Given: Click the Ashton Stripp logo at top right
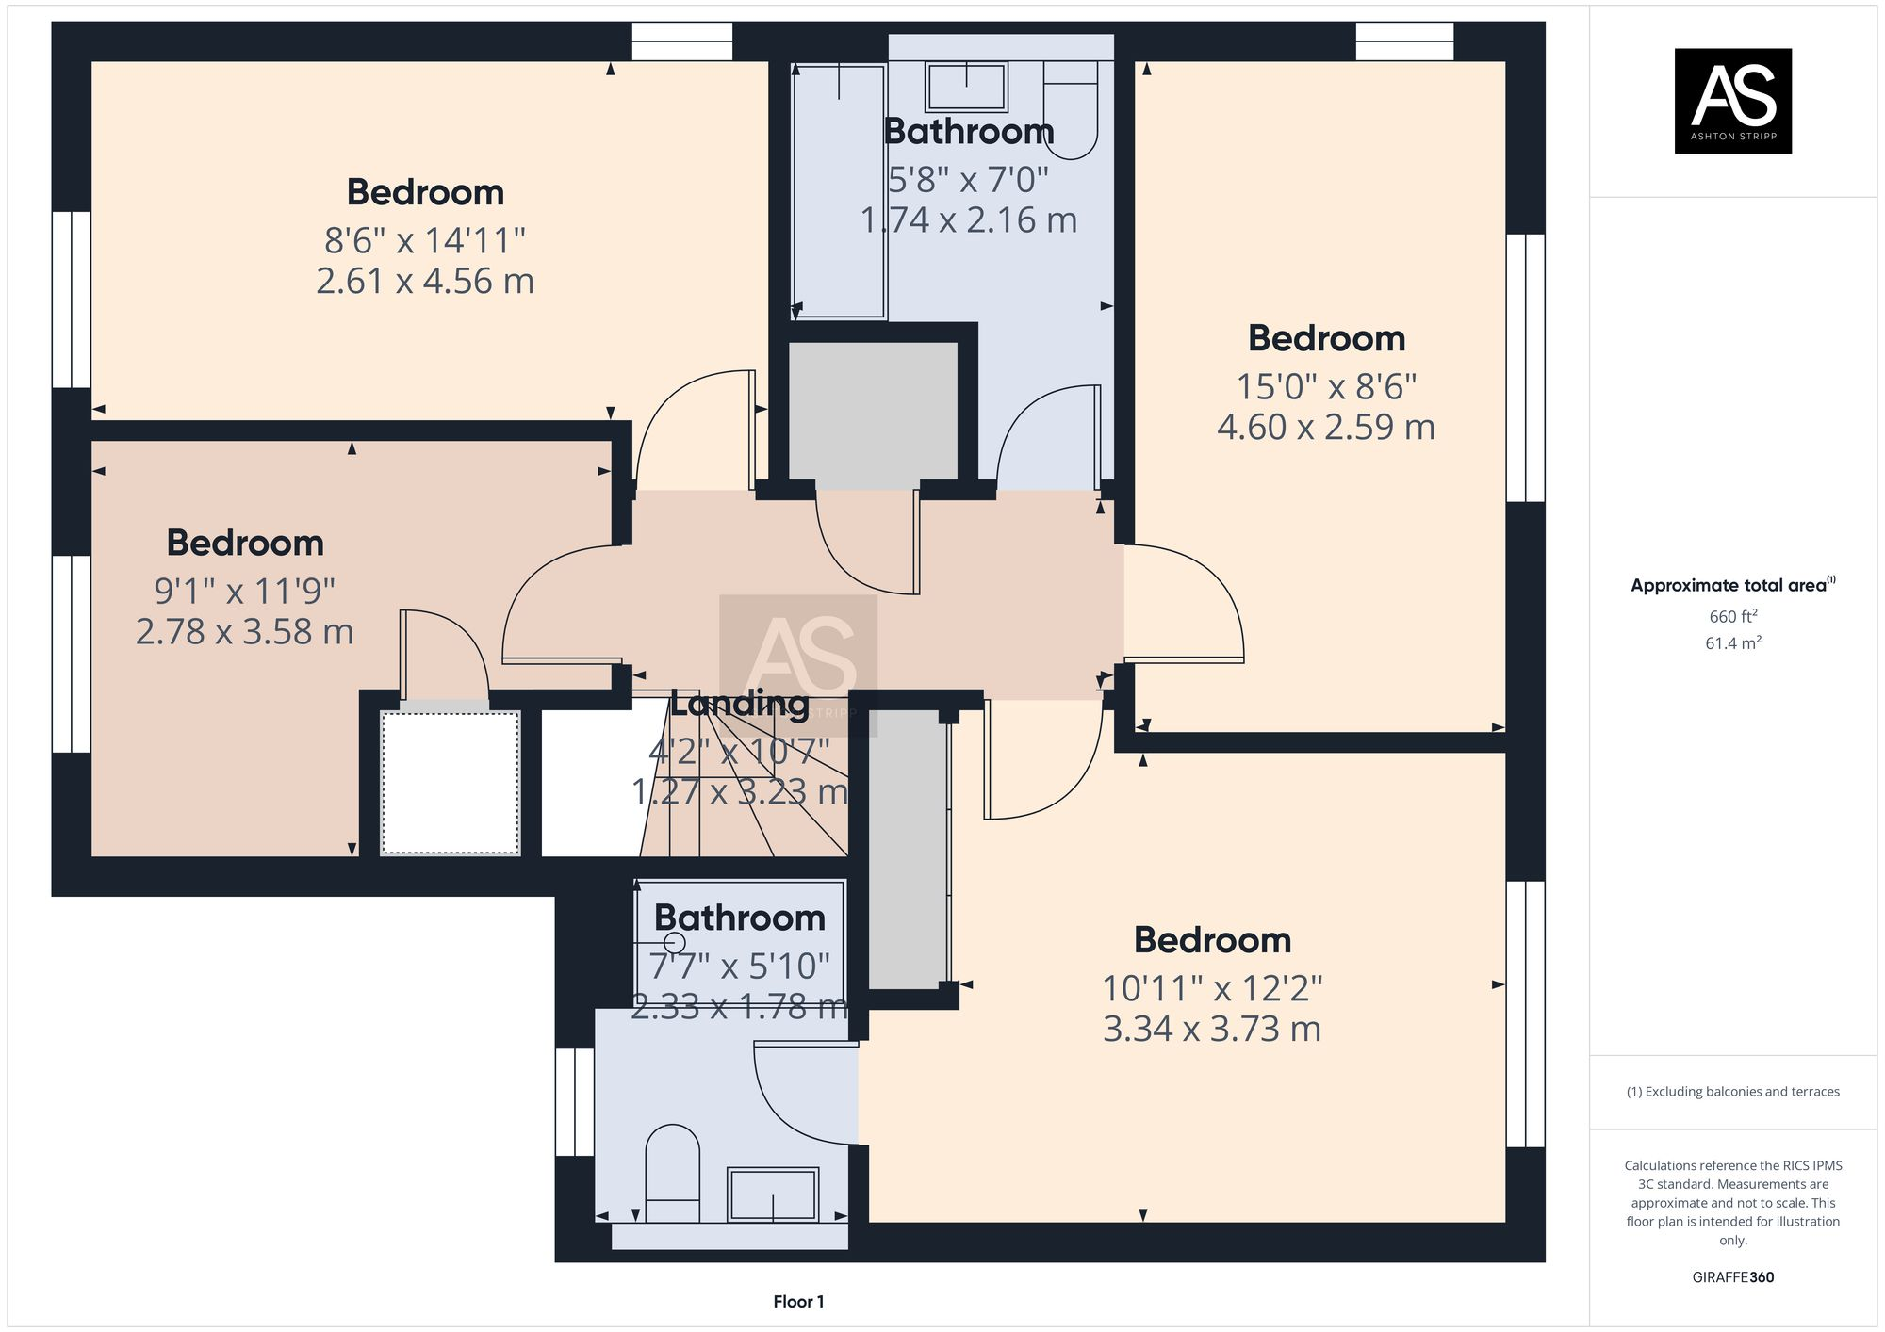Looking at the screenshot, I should click(1732, 101).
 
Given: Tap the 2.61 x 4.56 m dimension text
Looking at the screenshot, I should click(425, 281).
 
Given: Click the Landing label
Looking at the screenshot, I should click(739, 703).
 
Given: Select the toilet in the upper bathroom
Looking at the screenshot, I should click(1072, 108).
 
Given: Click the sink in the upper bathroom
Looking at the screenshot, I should click(966, 87).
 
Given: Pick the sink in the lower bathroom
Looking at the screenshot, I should click(772, 1194).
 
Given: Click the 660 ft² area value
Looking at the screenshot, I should click(1733, 617).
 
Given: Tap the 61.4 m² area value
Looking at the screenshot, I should click(1733, 643).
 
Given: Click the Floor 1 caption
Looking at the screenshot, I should click(798, 1302).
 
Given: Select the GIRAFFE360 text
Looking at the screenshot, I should click(1732, 1277).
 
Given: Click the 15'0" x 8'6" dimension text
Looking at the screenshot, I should click(1326, 386).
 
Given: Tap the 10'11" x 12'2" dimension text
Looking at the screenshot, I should click(1212, 988).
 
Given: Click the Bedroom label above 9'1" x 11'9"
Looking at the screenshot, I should click(245, 543).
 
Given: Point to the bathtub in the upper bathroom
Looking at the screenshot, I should click(839, 188).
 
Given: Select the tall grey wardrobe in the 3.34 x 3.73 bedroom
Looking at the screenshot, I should click(905, 848).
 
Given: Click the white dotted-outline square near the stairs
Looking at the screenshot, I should click(451, 783).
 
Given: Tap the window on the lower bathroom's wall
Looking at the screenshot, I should click(574, 1101).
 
